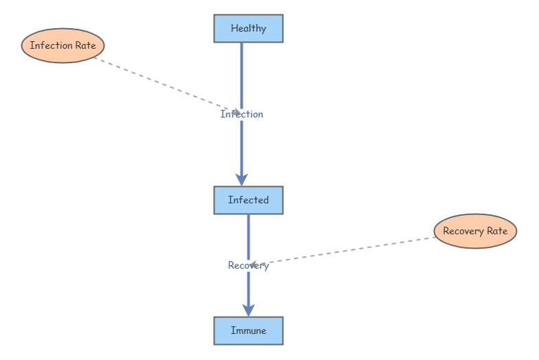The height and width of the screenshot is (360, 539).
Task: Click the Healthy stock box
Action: click(x=249, y=29)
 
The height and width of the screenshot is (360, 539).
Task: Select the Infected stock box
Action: click(x=249, y=201)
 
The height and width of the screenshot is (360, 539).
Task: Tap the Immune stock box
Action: click(x=249, y=331)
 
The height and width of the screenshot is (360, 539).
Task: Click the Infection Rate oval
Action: click(x=63, y=45)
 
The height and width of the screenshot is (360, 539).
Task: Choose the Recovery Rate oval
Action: click(x=476, y=231)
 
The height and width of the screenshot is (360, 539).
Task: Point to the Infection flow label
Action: click(x=242, y=114)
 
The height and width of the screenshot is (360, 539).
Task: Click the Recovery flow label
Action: click(x=249, y=265)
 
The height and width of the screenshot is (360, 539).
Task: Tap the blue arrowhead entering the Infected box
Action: click(x=242, y=179)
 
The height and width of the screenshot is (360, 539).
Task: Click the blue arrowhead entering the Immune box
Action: click(x=249, y=310)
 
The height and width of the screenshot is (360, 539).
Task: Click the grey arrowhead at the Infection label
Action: click(x=236, y=111)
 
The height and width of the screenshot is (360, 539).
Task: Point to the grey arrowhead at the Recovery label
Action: click(x=254, y=265)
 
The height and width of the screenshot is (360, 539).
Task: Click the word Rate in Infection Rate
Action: click(x=85, y=45)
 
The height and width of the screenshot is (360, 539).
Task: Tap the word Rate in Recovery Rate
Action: click(x=497, y=231)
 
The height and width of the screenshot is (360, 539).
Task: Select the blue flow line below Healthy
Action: click(x=242, y=76)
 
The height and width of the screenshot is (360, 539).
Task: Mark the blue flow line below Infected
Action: click(x=249, y=237)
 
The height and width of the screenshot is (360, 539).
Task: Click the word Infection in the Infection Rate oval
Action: click(x=51, y=45)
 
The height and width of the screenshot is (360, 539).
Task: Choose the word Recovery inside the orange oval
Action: click(x=463, y=231)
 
